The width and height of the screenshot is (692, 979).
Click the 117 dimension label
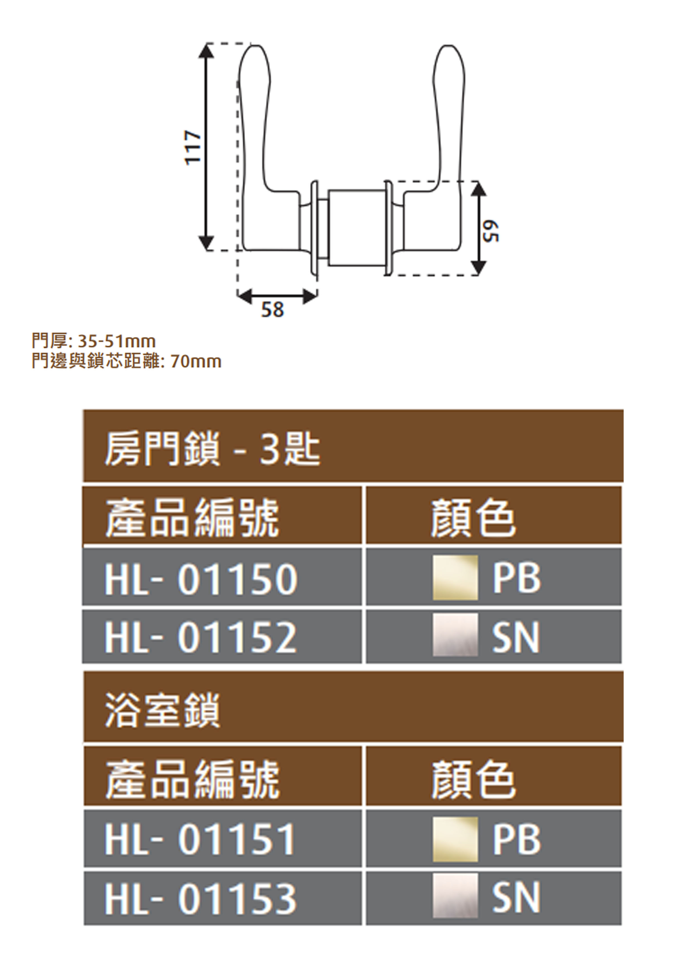coord(193,147)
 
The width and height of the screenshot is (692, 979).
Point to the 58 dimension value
coord(272,309)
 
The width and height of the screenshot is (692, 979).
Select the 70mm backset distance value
coord(196,362)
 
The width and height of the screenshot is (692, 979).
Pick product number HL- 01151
coord(200,839)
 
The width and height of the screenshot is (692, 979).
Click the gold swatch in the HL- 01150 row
coord(455,578)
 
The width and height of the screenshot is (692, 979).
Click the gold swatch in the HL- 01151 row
coord(455,839)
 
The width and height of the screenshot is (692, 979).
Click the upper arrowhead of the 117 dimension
coord(206,51)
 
